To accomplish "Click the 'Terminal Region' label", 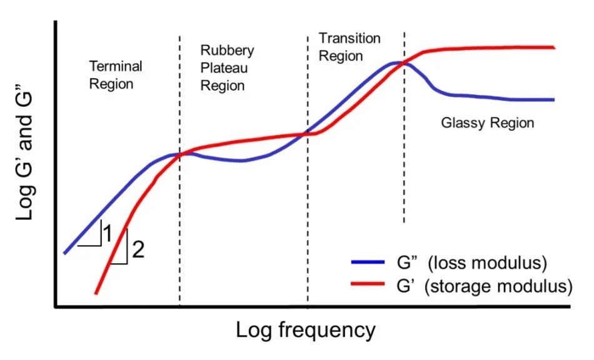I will click(x=116, y=74).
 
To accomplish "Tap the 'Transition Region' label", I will click(x=349, y=47).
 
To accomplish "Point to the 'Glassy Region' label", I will click(x=488, y=122).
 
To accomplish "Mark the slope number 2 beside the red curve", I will click(x=138, y=250).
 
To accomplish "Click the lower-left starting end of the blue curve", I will click(x=65, y=252).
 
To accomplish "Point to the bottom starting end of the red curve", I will click(x=96, y=292).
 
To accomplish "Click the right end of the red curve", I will click(x=554, y=47).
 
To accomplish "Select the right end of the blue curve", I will click(x=554, y=99).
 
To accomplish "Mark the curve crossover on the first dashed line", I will click(x=180, y=154).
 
